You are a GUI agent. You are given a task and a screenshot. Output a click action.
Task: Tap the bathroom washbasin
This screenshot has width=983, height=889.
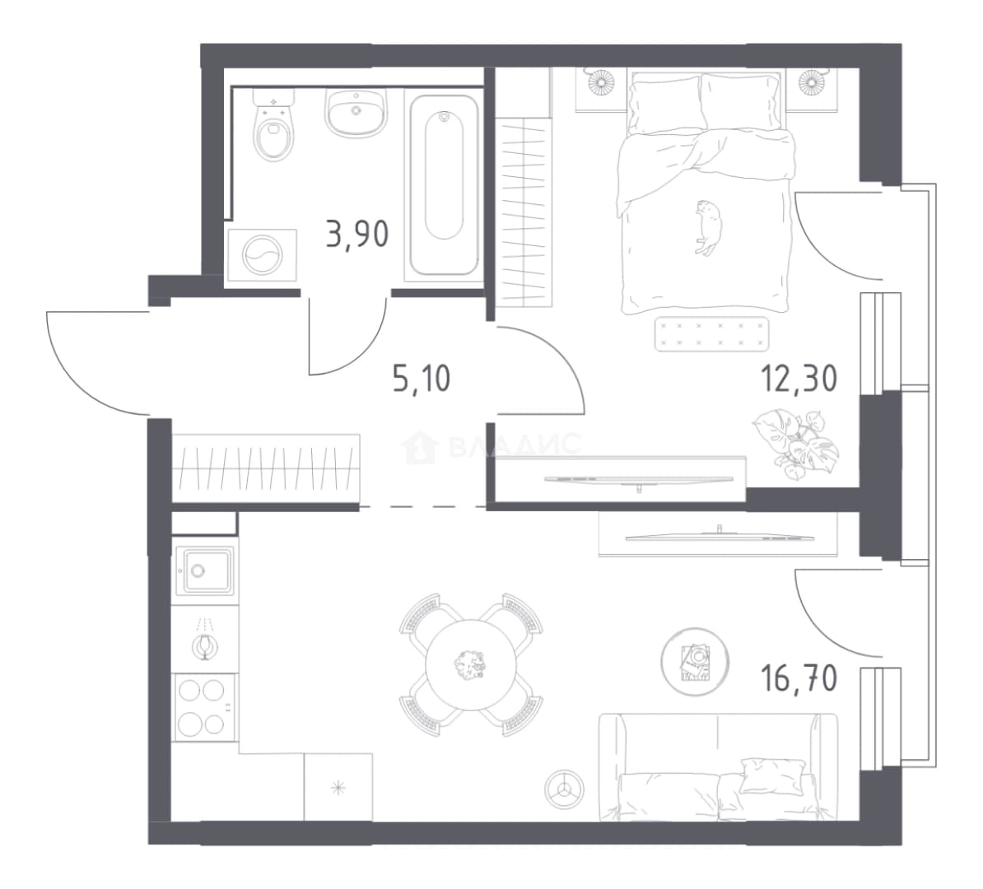[x=356, y=112]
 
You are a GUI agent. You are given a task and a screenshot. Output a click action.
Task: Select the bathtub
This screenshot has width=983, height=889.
[x=444, y=185]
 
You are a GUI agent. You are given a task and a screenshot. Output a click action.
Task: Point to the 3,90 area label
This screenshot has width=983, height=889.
[x=357, y=234]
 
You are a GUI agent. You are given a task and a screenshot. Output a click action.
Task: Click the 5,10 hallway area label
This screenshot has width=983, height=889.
[x=422, y=379]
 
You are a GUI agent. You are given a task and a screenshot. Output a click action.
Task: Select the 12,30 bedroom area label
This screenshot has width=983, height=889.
[x=799, y=379]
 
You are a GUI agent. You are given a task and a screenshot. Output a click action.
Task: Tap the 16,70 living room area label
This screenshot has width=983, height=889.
[x=799, y=678]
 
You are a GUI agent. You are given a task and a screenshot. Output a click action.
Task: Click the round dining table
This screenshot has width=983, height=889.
[x=471, y=664]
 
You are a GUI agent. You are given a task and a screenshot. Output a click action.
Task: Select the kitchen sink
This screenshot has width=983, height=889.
[x=204, y=570]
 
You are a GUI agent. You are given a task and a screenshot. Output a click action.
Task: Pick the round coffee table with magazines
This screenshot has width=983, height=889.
[x=695, y=662]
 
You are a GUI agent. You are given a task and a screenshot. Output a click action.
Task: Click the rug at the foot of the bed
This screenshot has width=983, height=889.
[x=712, y=334]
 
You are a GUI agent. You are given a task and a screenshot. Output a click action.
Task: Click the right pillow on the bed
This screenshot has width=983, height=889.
[x=741, y=101]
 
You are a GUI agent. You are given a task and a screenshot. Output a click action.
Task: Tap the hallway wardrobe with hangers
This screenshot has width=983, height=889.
[x=266, y=468]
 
